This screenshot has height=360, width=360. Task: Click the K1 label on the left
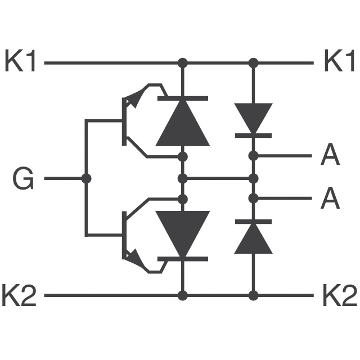(x=20, y=60)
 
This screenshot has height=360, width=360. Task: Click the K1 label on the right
(x=339, y=60)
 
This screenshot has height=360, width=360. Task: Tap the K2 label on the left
(x=19, y=295)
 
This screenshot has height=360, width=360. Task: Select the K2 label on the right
(x=340, y=295)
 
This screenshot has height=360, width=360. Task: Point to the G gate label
(x=23, y=178)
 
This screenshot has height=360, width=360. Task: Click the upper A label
(x=330, y=154)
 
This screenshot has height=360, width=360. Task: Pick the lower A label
(x=330, y=197)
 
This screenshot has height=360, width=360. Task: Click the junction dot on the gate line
(x=86, y=178)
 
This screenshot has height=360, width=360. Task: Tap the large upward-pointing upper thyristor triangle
(x=183, y=123)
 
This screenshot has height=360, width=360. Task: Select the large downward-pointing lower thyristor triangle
(x=183, y=234)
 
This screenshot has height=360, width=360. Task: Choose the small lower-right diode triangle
(x=254, y=238)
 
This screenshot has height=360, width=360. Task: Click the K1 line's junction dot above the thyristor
(x=183, y=62)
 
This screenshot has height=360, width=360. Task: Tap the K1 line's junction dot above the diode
(x=254, y=62)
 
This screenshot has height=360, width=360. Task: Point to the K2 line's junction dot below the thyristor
(x=183, y=295)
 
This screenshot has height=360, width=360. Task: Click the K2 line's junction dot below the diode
(x=254, y=295)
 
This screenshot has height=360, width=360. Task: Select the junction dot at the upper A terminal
(x=254, y=156)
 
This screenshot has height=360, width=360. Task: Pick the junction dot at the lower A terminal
(x=254, y=199)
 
